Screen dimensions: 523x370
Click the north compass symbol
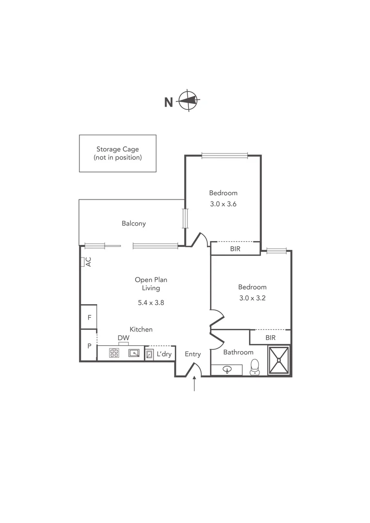coord(188,101)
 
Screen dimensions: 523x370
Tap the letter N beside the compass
coord(169,102)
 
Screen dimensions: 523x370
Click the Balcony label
coord(134,223)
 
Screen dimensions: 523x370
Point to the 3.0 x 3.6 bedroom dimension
coord(223,204)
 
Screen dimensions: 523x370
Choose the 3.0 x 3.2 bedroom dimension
coord(252,298)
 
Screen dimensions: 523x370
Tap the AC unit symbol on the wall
coord(83,261)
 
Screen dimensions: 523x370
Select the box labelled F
coord(89,318)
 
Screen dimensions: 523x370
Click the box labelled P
coord(89,346)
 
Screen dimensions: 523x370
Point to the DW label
coord(123,338)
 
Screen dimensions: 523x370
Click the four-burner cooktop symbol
coord(114,353)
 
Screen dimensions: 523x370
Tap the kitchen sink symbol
coord(134,353)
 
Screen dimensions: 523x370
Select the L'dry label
coord(164,354)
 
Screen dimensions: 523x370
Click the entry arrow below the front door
coord(194,385)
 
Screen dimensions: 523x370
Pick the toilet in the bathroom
coord(255,368)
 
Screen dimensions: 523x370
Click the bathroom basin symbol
coord(228,369)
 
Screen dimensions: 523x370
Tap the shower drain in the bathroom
coord(278,360)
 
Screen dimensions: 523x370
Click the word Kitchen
coord(141,329)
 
